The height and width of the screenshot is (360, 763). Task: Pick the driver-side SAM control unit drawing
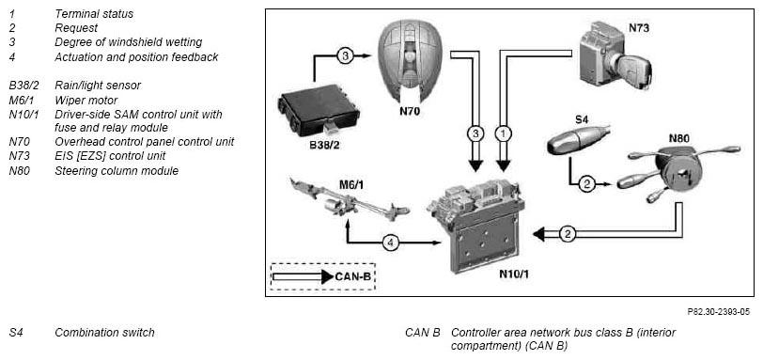point(477,223)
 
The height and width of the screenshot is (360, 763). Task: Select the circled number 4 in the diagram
point(391,242)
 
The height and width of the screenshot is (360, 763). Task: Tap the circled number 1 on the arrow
point(503,133)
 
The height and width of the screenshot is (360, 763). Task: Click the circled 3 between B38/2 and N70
point(345,56)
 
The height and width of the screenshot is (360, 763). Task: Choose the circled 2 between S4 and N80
point(586,184)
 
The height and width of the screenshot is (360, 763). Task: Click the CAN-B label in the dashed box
point(353,276)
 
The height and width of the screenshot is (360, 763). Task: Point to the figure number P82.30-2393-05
point(718,312)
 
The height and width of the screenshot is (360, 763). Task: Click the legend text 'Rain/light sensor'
point(98,86)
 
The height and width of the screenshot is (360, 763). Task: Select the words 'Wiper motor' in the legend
point(86,101)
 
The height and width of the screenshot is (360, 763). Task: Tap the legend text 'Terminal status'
point(94,14)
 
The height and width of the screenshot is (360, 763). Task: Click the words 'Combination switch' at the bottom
point(104,333)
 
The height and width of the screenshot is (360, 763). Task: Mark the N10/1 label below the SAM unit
point(514,274)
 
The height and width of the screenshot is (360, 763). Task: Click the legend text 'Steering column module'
point(117,171)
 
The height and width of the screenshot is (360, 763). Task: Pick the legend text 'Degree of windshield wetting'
point(129,43)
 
